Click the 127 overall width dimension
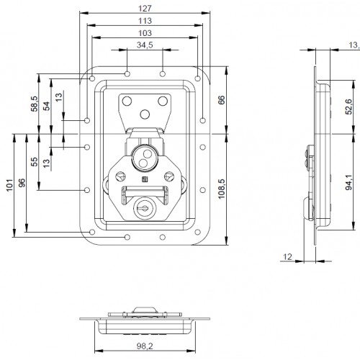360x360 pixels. [x=144, y=9]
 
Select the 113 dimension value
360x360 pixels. [x=144, y=21]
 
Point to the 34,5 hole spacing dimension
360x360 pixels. [x=144, y=45]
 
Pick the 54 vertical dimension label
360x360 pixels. [x=46, y=106]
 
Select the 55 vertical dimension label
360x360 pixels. [x=33, y=162]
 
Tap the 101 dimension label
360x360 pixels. [x=9, y=184]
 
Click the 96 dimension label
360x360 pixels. [x=22, y=184]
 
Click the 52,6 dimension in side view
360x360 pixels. [x=347, y=107]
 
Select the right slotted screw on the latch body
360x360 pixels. [x=170, y=175]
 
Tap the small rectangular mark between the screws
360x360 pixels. [x=144, y=179]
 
